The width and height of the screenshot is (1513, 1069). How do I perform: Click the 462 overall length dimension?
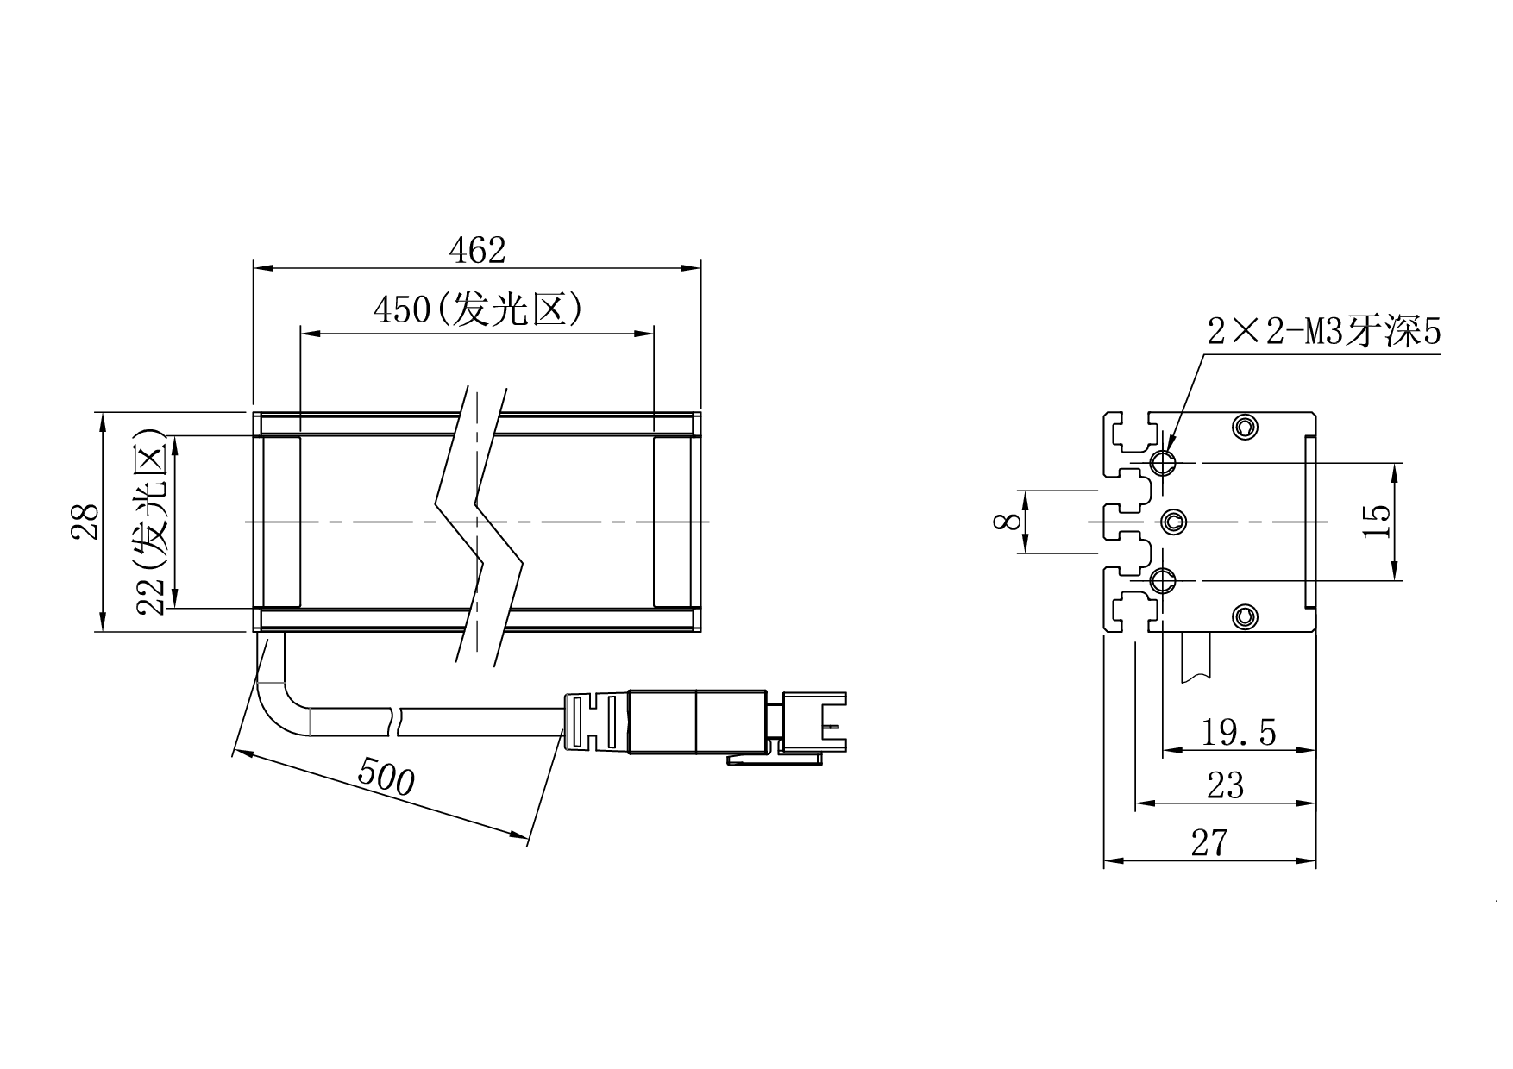pyautogui.click(x=477, y=250)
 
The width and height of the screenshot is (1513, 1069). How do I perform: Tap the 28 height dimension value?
pyautogui.click(x=85, y=522)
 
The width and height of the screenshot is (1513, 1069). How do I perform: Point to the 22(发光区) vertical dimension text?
pyautogui.click(x=152, y=522)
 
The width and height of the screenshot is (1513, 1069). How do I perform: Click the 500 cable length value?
pyautogui.click(x=386, y=778)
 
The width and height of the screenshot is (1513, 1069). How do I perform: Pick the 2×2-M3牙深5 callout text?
pyautogui.click(x=1323, y=332)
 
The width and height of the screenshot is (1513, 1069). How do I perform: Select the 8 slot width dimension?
pyautogui.click(x=1002, y=521)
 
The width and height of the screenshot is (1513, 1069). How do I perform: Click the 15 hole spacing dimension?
pyautogui.click(x=1378, y=521)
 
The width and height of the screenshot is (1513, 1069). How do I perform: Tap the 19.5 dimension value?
pyautogui.click(x=1239, y=734)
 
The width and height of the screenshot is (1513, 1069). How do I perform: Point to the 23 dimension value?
pyautogui.click(x=1225, y=786)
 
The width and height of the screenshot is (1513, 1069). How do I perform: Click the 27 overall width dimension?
pyautogui.click(x=1209, y=842)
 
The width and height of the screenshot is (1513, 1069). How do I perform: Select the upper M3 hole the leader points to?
pyautogui.click(x=1164, y=462)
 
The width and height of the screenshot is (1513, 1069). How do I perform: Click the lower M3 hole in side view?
pyautogui.click(x=1164, y=580)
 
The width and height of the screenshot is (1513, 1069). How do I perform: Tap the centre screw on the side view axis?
pyautogui.click(x=1173, y=521)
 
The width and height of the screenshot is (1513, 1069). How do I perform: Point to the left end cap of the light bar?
pyautogui.click(x=280, y=522)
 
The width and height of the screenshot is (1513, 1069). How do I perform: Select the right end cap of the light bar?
pyautogui.click(x=673, y=522)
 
